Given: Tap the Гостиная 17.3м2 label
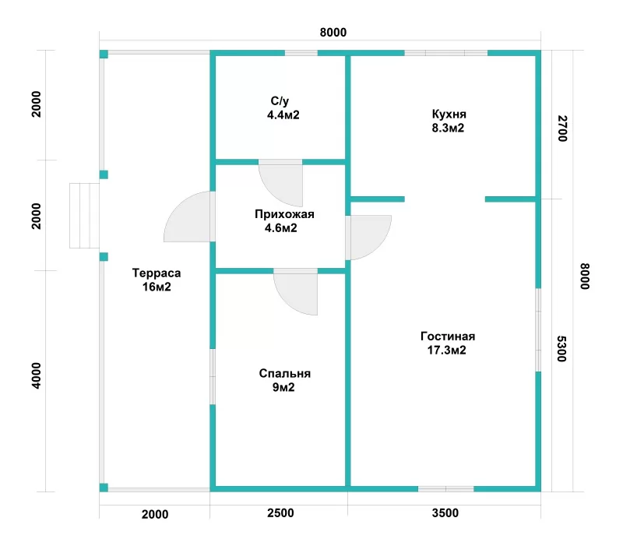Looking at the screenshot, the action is [x=447, y=343].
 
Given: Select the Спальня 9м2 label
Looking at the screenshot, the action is [x=284, y=380].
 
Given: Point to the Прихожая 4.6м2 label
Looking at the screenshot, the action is [x=284, y=221].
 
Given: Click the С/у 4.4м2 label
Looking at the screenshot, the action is [x=283, y=108].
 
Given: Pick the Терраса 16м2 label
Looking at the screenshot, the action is [x=157, y=280].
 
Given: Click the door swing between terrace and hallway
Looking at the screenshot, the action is [x=187, y=217].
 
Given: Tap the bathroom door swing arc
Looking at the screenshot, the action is [x=280, y=183].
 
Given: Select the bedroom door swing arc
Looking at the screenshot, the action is [x=296, y=292].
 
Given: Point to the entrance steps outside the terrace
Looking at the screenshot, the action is [x=84, y=216].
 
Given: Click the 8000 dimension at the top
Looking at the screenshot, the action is [x=333, y=32].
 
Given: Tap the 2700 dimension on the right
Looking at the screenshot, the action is [x=561, y=129].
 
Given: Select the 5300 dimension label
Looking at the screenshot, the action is [x=561, y=349].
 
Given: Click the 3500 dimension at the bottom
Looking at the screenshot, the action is [x=445, y=513].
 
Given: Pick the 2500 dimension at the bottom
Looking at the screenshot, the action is [x=280, y=513].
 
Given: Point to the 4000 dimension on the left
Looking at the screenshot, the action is [x=36, y=375].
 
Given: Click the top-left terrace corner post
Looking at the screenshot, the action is [x=104, y=55].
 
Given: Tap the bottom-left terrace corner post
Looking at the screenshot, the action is [x=104, y=488].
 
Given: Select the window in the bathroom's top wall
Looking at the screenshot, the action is [x=301, y=53].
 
